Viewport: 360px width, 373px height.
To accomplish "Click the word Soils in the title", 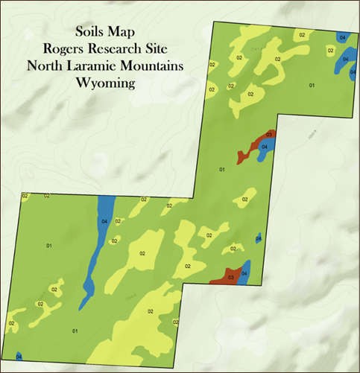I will pyautogui.click(x=91, y=33).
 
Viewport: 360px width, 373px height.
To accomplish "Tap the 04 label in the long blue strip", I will pyautogui.click(x=104, y=221).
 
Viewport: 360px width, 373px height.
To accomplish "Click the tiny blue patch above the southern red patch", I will pyautogui.click(x=258, y=238).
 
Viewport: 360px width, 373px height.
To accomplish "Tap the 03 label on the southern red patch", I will pyautogui.click(x=231, y=278).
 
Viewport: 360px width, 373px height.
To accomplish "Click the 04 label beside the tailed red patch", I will pyautogui.click(x=265, y=147).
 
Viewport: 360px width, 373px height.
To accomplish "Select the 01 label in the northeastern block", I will pyautogui.click(x=312, y=86).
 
